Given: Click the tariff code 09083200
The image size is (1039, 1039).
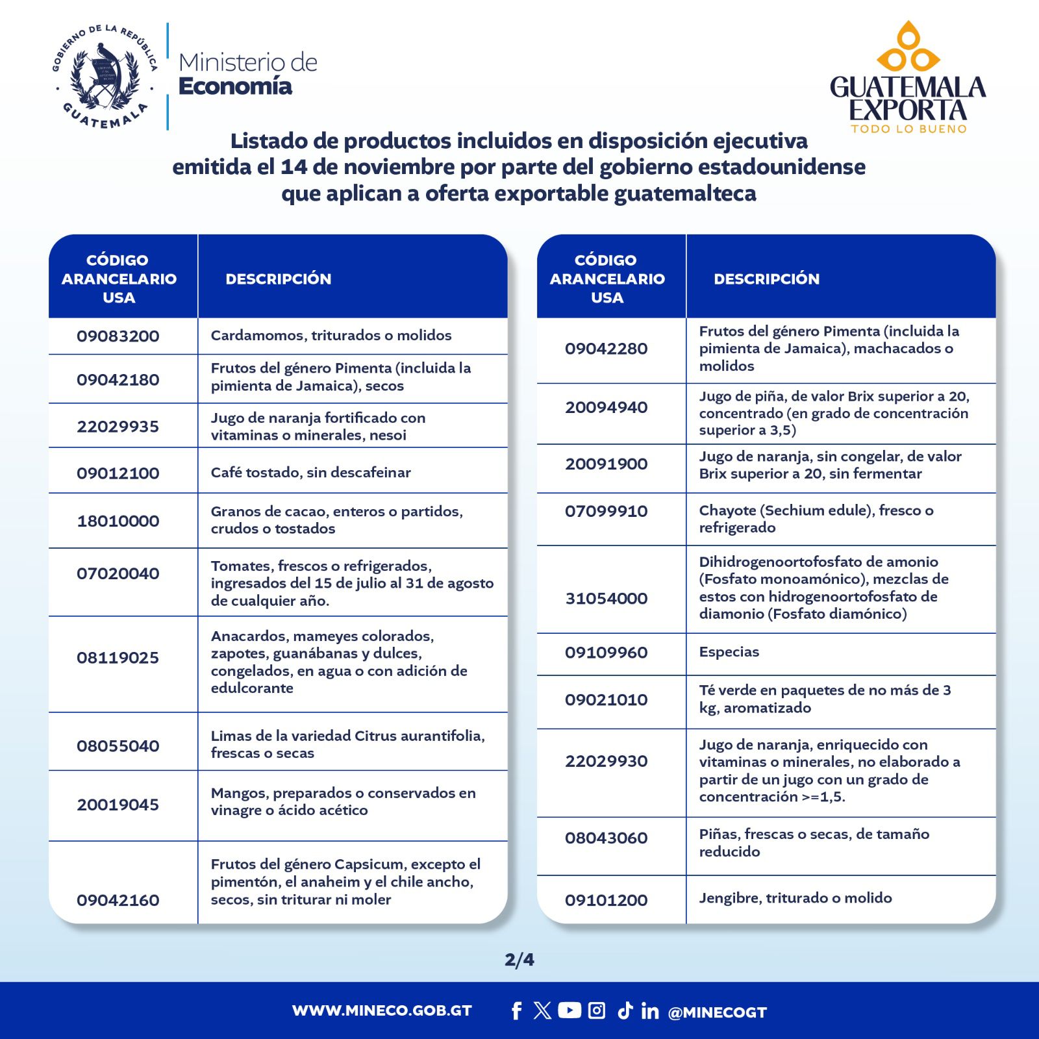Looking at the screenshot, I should click(118, 336).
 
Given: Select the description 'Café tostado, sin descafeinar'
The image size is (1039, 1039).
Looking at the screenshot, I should click(310, 472).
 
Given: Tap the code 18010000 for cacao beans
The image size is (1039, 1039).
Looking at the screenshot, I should click(118, 521).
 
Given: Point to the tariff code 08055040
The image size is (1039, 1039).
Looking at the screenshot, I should click(118, 745).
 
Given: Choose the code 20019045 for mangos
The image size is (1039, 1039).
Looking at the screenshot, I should click(118, 805).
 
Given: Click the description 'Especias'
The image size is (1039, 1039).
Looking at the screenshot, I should click(729, 652).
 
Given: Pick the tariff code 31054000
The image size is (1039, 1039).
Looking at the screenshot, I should click(606, 598).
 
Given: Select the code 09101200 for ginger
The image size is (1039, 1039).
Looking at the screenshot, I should click(606, 900).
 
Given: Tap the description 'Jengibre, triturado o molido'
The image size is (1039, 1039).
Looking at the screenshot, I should click(795, 898).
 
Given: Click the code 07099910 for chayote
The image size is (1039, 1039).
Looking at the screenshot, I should click(606, 511).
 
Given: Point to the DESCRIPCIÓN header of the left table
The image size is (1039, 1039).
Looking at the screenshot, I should click(278, 279).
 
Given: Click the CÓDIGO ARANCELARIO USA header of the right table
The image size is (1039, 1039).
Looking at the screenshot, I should click(607, 279).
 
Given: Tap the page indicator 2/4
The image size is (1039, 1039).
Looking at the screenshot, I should click(519, 959).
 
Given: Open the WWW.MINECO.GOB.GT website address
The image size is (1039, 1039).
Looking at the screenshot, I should click(382, 1010).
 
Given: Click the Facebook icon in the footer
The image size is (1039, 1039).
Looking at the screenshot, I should click(516, 1010).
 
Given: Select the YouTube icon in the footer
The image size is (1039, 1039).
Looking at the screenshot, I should click(570, 1010).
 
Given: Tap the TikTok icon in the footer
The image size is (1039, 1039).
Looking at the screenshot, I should click(625, 1010).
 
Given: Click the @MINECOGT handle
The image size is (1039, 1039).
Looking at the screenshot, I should click(717, 1012).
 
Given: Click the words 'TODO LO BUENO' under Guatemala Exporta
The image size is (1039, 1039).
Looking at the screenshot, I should click(908, 129).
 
